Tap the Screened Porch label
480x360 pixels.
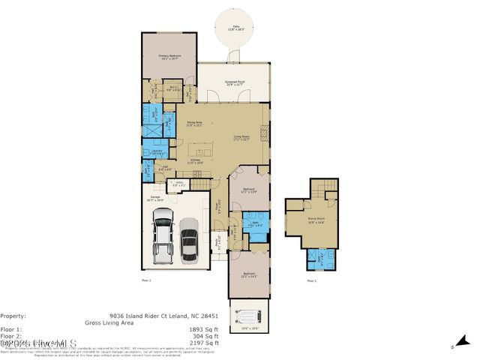(x=236, y=83)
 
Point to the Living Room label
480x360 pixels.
(x=241, y=137)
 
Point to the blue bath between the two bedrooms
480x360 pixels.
(x=256, y=226)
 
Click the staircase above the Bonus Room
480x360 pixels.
(x=326, y=193)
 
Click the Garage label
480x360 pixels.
(x=154, y=199)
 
